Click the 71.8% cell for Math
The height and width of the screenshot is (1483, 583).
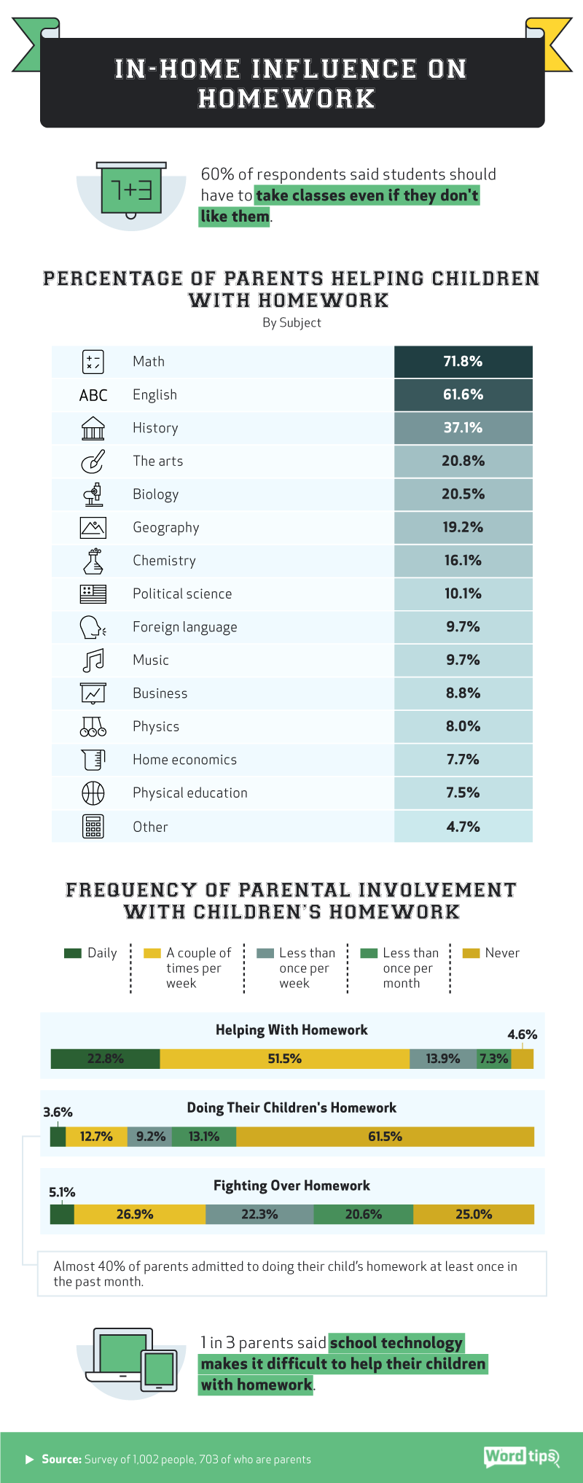pos(463,362)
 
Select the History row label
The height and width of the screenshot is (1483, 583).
pos(155,428)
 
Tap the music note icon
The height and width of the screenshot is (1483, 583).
pos(93,661)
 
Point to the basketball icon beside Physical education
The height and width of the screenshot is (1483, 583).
pos(93,793)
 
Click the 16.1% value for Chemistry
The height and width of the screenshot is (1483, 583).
pos(463,561)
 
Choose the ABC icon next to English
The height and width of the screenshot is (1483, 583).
pos(93,395)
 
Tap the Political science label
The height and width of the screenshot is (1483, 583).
pos(182,593)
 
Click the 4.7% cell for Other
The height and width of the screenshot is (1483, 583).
pos(463,827)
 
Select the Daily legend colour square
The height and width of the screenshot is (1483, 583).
pos(72,953)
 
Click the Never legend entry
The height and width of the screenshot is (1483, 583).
pos(501,953)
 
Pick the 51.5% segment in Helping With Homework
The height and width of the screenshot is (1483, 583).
pos(284,1059)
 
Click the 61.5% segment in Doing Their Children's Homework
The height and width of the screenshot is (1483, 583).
pos(385,1137)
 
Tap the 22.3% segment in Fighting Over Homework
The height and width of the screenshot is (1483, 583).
pos(259,1215)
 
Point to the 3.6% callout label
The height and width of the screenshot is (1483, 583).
pos(58,1113)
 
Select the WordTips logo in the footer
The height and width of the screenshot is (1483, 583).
pos(520,1457)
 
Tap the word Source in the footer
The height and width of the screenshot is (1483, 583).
pos(61,1459)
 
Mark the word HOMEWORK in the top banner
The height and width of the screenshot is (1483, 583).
pos(286,98)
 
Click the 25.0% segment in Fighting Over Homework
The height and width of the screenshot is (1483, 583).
pos(474,1215)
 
